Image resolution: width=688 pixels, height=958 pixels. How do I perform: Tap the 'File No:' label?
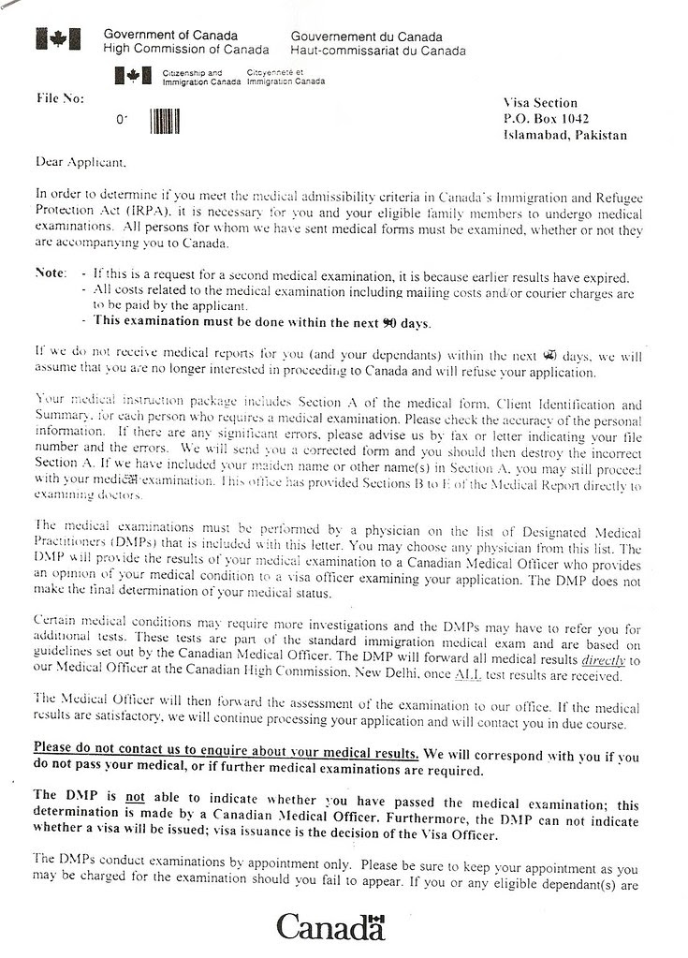(60, 97)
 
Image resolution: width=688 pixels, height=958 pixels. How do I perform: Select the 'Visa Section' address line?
(540, 103)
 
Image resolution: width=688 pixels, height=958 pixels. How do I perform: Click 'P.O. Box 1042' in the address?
(546, 119)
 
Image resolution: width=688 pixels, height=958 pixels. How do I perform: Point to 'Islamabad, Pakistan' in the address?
(564, 135)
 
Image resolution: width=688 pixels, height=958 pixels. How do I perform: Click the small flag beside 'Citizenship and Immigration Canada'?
(132, 75)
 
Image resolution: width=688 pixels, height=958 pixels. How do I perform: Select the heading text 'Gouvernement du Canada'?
(356, 36)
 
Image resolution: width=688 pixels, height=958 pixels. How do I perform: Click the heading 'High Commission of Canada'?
(186, 50)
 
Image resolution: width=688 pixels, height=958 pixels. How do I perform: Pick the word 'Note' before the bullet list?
(50, 273)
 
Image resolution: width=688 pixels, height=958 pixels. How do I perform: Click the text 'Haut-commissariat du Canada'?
(377, 50)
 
